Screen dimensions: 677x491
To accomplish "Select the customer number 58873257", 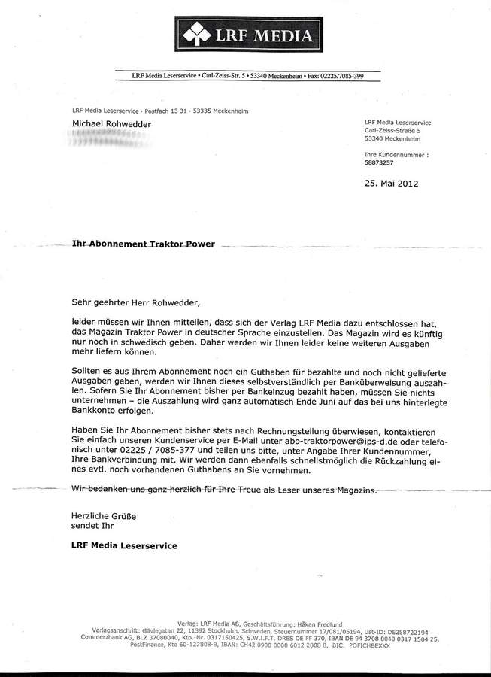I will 380,162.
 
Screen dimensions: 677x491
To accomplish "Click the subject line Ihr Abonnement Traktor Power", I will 142,245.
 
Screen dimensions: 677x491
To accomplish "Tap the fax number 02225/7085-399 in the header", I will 342,76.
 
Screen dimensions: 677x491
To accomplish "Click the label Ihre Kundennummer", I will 396,154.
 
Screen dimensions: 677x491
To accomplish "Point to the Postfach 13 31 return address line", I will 160,111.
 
